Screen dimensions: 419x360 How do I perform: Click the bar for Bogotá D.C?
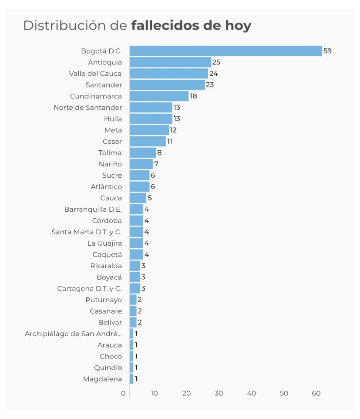coord(225,51)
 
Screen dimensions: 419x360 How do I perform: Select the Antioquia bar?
coord(170,62)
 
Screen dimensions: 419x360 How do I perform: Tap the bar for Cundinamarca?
coord(159,96)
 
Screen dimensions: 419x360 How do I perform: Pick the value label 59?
coord(327,51)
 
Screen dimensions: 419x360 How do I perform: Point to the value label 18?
coord(194,96)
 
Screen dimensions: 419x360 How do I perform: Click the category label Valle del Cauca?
coord(95,74)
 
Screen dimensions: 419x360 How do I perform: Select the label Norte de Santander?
coord(87,108)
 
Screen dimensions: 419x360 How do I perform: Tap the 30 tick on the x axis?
coord(219,393)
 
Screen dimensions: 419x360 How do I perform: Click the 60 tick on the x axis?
coord(316,393)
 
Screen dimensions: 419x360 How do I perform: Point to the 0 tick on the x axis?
coord(124,393)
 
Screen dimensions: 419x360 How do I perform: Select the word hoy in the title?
coord(239,25)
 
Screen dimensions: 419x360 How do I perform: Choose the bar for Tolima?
coord(143,153)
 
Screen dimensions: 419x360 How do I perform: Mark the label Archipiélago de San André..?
coord(73,334)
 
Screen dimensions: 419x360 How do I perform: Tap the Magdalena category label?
coord(102,379)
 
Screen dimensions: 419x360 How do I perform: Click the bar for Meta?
coord(149,130)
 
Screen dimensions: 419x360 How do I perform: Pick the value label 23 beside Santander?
coord(210,85)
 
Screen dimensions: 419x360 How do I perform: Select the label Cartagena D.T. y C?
coord(89,289)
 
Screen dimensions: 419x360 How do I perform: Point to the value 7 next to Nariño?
coord(156,164)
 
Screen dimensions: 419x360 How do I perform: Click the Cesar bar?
coord(148,142)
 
